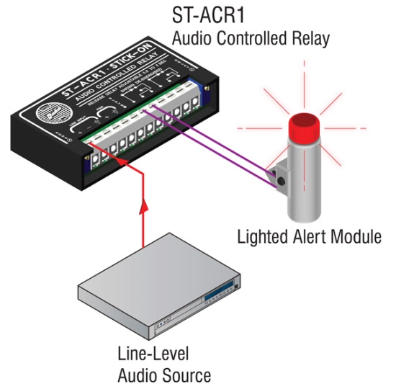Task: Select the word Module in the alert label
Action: (x=355, y=236)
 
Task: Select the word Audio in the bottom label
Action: (x=137, y=375)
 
